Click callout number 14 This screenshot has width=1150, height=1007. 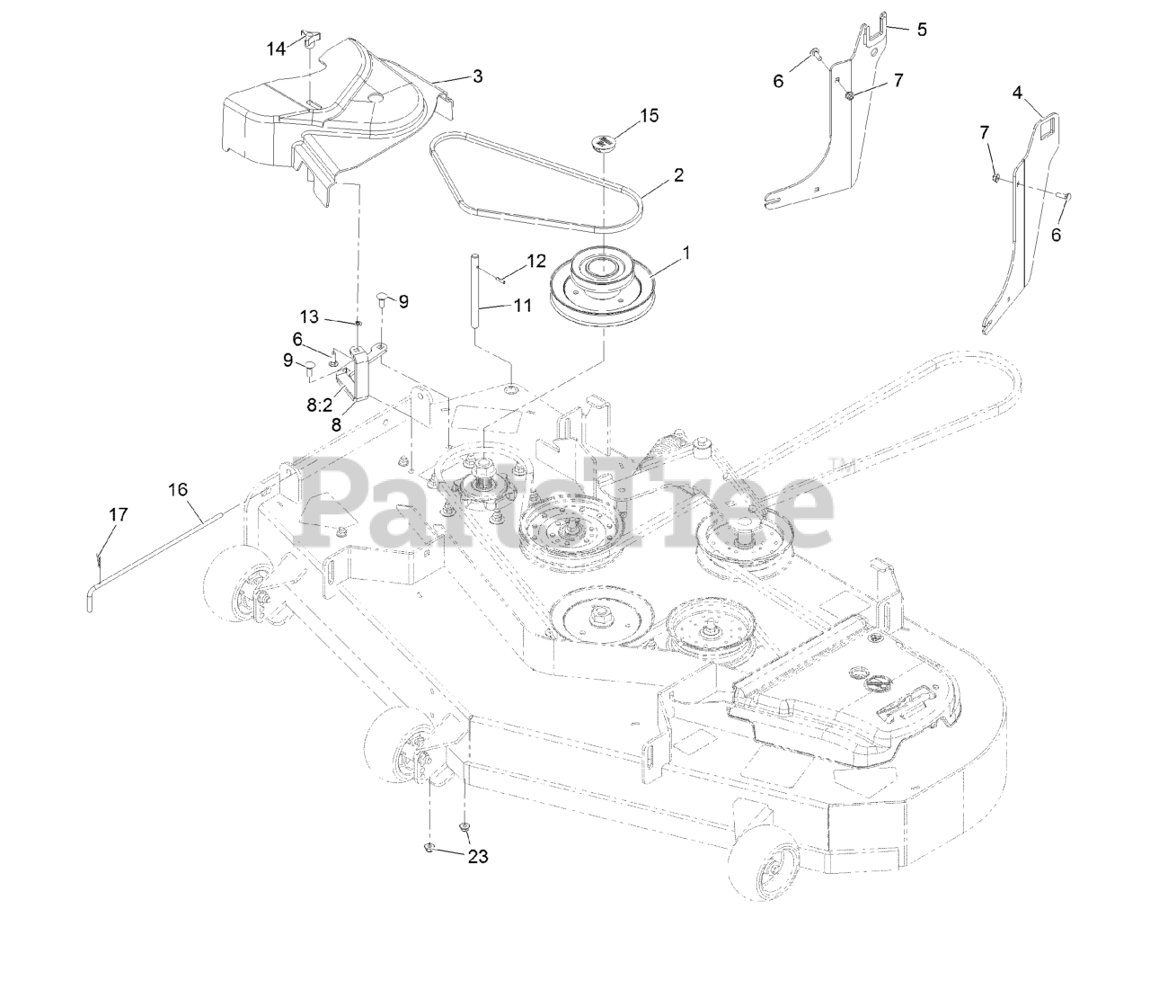[x=276, y=49]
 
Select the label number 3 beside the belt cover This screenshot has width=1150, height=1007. [x=477, y=76]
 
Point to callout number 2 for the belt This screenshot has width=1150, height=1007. [x=678, y=174]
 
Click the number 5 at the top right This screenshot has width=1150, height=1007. [x=921, y=29]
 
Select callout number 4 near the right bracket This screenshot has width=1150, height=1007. [x=1017, y=92]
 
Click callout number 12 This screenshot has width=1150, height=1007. [x=535, y=262]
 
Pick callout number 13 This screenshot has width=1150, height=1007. [x=309, y=316]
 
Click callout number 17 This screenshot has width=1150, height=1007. [x=119, y=515]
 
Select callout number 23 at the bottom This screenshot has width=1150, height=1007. [x=477, y=857]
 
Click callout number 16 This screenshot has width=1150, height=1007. [x=178, y=489]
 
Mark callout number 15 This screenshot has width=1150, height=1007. [x=649, y=115]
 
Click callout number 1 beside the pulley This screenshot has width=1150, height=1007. [x=686, y=254]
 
